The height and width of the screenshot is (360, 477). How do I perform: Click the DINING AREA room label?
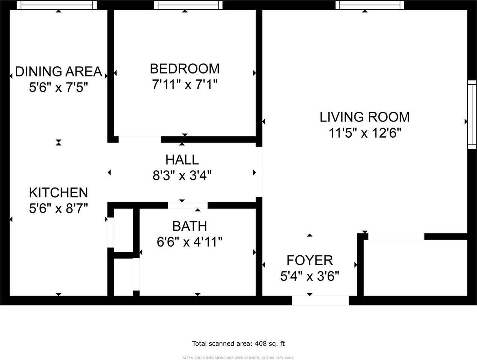tap(59, 71)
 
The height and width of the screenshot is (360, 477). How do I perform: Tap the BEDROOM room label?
tap(185, 69)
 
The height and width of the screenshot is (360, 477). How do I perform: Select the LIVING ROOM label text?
tap(364, 117)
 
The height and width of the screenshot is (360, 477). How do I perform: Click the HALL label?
tap(182, 160)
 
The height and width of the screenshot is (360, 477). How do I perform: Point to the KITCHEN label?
tap(59, 192)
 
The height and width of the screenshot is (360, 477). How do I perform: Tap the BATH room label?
tap(190, 226)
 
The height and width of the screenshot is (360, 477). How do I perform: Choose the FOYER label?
tap(310, 260)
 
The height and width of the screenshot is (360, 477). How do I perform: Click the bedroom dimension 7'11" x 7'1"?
tap(185, 85)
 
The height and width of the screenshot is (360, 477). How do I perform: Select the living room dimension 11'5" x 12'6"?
tap(365, 133)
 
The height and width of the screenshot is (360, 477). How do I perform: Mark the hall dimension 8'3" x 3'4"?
tap(182, 175)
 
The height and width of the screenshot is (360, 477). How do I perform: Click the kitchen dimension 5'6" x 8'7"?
tap(59, 208)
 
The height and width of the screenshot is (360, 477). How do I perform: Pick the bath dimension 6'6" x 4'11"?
tap(190, 242)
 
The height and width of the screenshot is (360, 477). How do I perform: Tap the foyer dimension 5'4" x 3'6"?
tap(310, 276)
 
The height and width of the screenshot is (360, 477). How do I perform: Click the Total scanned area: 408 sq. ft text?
tap(238, 343)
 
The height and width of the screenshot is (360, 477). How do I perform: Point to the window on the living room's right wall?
tap(472, 114)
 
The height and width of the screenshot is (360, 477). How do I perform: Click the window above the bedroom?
tap(188, 5)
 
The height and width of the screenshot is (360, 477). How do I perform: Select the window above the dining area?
tap(57, 5)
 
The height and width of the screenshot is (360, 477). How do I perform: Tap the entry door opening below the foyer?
tap(320, 300)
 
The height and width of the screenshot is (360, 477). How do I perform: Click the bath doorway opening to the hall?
tap(188, 205)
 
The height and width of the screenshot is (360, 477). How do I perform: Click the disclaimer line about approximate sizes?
tap(238, 358)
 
